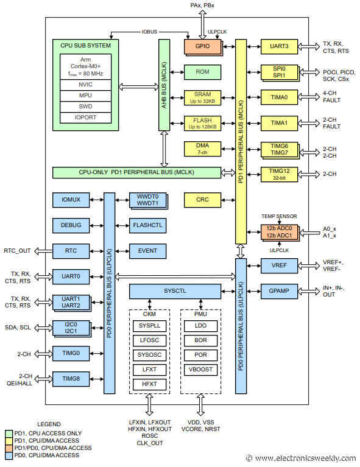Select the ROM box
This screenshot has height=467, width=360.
pyautogui.click(x=202, y=72)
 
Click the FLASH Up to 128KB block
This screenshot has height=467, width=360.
pyautogui.click(x=202, y=123)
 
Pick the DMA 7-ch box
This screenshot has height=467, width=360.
pyautogui.click(x=202, y=149)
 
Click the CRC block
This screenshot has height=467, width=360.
pyautogui.click(x=202, y=199)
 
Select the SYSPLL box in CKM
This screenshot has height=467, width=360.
pyautogui.click(x=148, y=326)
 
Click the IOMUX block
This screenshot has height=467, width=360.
pyautogui.click(x=71, y=200)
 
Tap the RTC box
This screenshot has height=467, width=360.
pyautogui.click(x=71, y=250)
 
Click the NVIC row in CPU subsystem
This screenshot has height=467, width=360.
pyautogui.click(x=86, y=85)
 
